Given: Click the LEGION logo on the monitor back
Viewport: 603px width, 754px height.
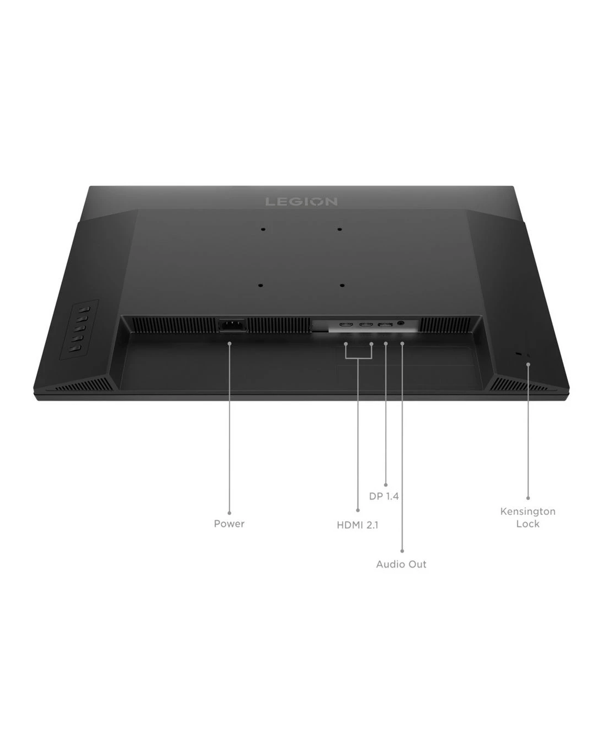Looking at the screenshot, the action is (301, 201).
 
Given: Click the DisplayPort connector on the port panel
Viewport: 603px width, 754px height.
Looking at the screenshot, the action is (385, 324).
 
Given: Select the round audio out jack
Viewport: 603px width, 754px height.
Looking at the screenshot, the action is (401, 323).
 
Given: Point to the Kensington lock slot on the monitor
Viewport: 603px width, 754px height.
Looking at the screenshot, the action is (519, 354).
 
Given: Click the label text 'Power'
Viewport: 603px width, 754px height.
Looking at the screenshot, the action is (229, 524).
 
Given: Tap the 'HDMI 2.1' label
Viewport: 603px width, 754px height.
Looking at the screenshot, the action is (357, 525).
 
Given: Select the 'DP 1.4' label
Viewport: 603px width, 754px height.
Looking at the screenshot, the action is (384, 496).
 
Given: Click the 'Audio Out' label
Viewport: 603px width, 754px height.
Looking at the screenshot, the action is (401, 564).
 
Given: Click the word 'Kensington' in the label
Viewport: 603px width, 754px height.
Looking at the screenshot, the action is (528, 512).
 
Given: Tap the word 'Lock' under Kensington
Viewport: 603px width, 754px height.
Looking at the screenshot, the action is (528, 524).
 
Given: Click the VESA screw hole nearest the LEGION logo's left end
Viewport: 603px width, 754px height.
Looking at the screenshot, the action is (263, 230).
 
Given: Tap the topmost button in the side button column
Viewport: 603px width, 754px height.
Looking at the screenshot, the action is (84, 309).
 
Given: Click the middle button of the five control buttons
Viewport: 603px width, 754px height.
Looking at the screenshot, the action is (80, 328).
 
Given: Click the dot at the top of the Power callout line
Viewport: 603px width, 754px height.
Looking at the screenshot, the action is (230, 343).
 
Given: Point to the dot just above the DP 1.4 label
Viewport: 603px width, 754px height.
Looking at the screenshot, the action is (386, 485).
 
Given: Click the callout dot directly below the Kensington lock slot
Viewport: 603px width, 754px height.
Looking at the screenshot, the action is (528, 364).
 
